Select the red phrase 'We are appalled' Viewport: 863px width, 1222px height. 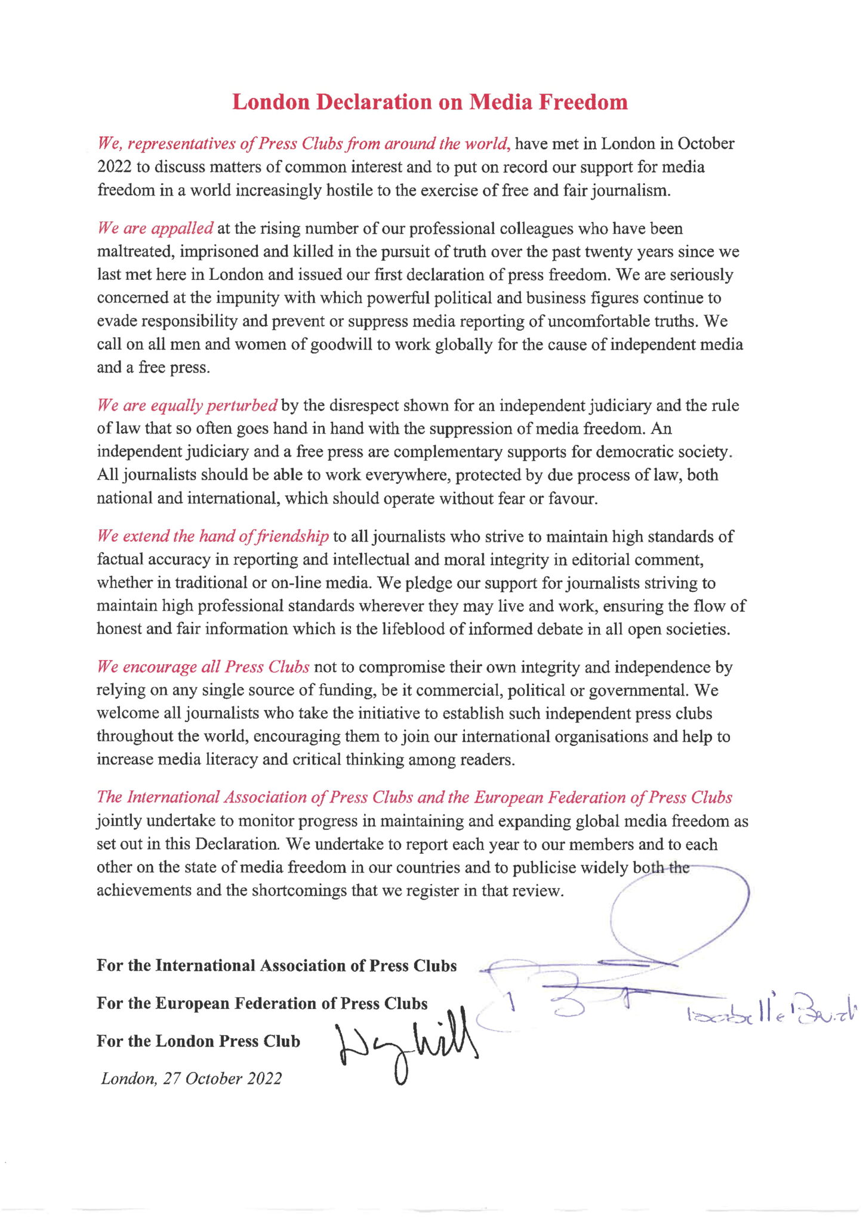tap(155, 229)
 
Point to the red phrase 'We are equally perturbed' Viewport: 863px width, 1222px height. tap(187, 406)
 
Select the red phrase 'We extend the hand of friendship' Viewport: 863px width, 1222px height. tap(212, 536)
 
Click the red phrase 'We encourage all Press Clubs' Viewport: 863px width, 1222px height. tap(203, 666)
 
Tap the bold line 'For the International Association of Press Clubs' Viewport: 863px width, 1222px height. tap(276, 965)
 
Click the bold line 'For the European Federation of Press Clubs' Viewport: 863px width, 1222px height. tap(262, 1003)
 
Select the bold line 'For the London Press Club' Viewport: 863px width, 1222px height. tap(198, 1041)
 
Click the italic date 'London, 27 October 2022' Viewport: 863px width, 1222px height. tap(191, 1078)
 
